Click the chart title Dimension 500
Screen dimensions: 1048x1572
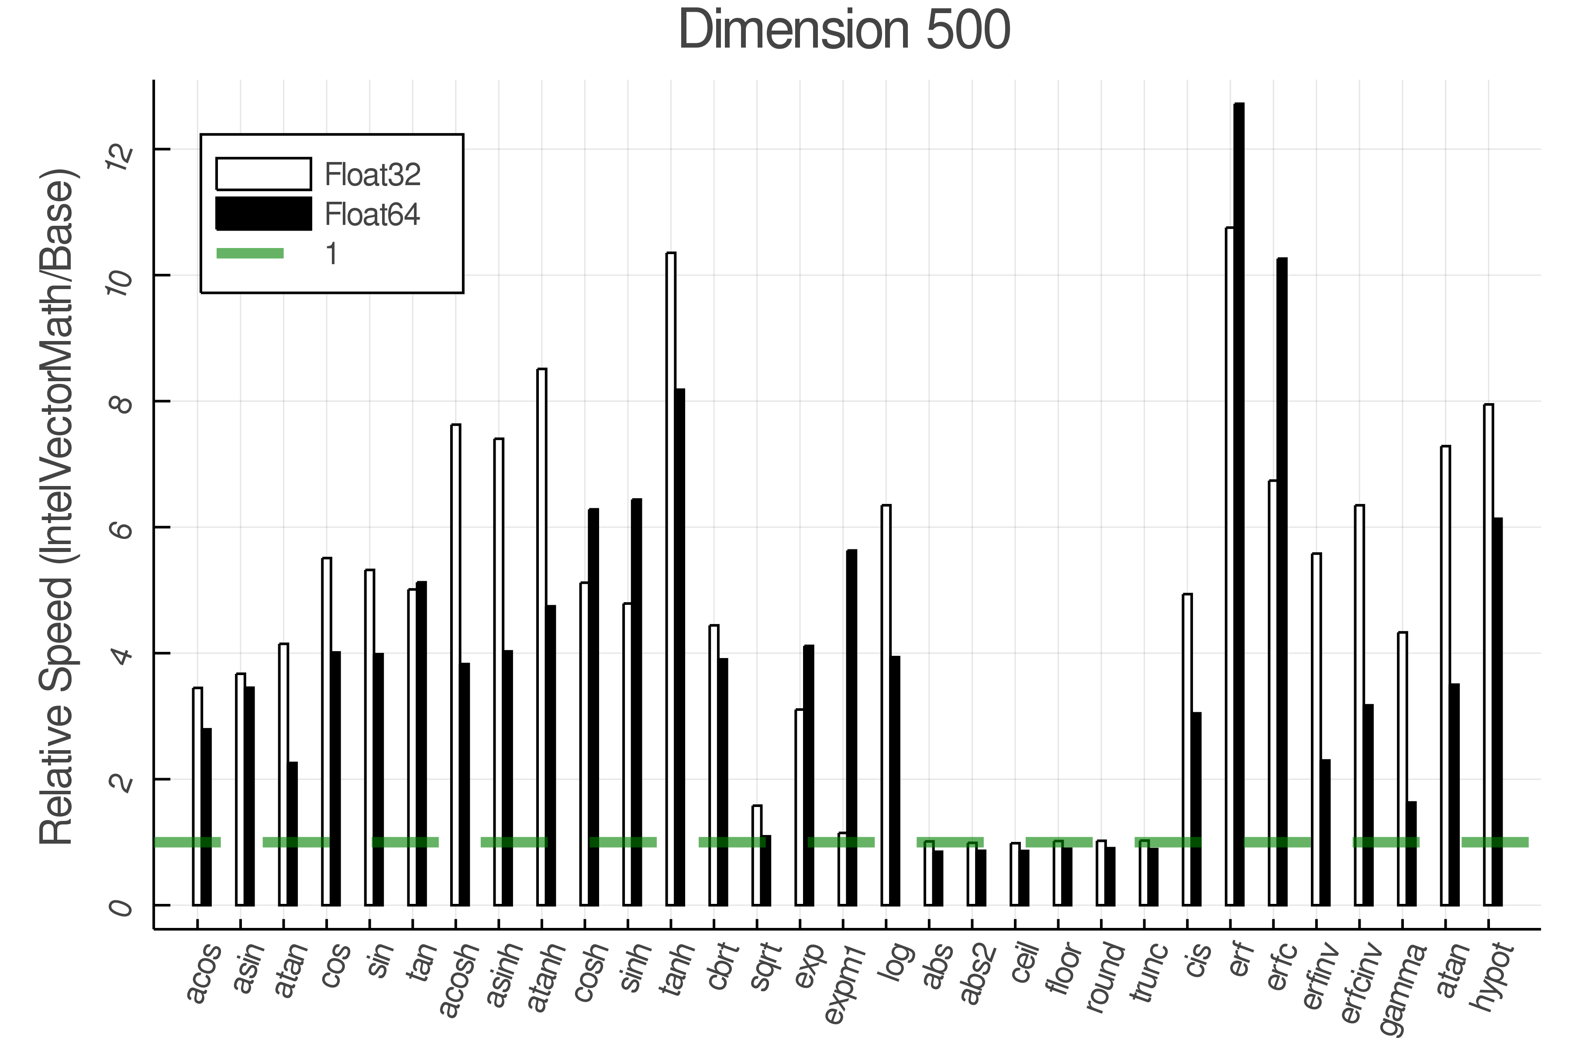(x=844, y=31)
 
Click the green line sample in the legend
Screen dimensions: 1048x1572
(x=250, y=253)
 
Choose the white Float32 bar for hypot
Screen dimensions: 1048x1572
(x=1489, y=655)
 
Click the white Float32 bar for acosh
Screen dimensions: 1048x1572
(x=456, y=669)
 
